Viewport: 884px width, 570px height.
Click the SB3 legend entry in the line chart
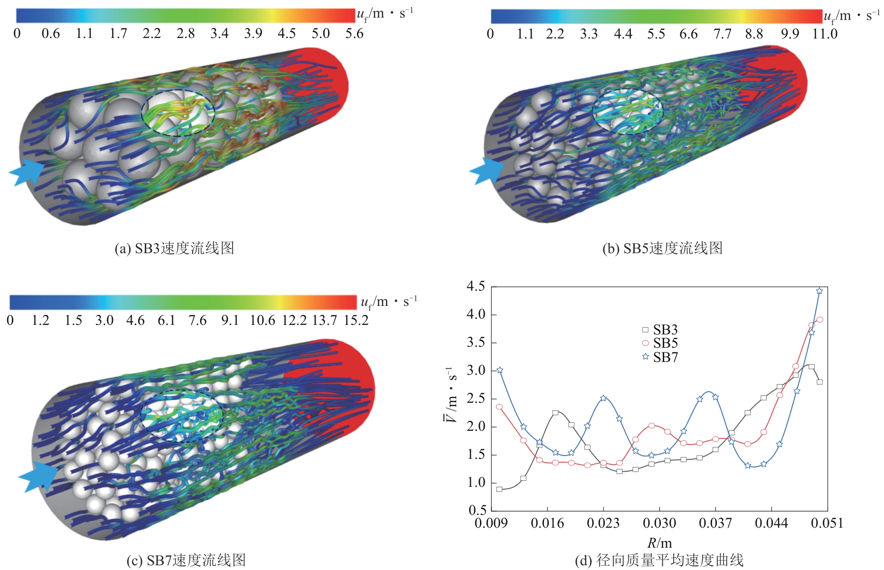coord(659,330)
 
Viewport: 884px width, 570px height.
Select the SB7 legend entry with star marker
coord(659,357)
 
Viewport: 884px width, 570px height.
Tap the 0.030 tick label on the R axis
coord(659,523)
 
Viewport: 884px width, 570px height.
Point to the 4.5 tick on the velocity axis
coord(476,286)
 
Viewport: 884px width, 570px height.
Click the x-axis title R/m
coord(659,543)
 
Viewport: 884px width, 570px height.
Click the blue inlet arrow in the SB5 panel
coord(487,171)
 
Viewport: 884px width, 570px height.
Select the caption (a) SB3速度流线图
coord(174,248)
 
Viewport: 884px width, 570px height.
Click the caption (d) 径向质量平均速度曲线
coord(659,560)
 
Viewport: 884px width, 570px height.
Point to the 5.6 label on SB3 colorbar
coord(354,34)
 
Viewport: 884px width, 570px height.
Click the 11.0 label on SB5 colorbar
coord(825,34)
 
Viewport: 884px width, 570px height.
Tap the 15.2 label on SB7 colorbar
coord(356,321)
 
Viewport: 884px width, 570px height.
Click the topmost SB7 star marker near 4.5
coord(819,291)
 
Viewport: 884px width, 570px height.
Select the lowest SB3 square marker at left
coord(499,489)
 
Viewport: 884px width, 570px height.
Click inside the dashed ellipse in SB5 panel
coord(627,112)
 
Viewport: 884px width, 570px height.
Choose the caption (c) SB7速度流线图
coord(186,560)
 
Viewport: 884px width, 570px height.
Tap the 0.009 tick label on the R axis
coord(491,523)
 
